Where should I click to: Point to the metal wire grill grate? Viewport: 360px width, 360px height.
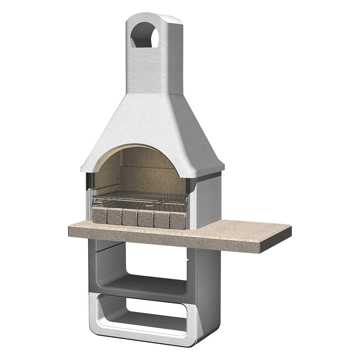140,197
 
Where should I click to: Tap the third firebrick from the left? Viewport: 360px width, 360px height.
129,217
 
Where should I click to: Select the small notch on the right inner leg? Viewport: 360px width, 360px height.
187,259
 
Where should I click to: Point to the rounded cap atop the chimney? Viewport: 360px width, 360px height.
151,16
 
